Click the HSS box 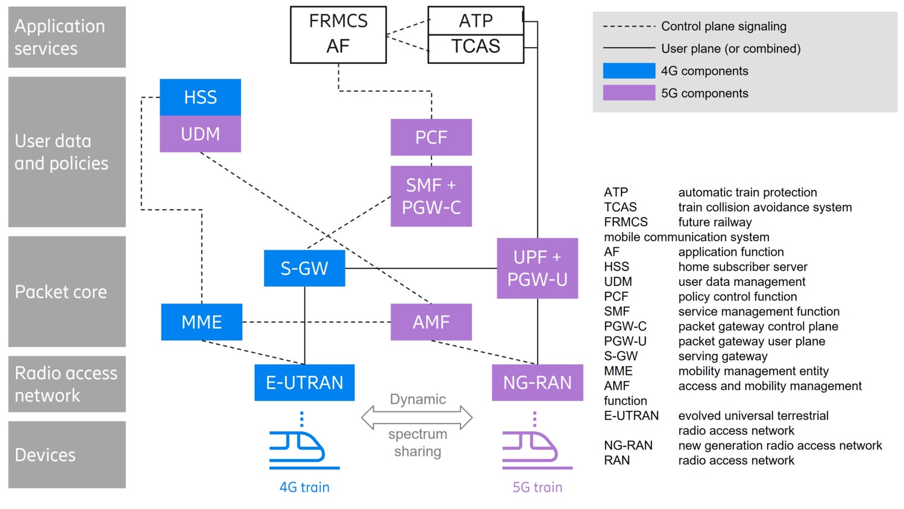click(x=200, y=97)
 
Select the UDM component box click(x=200, y=134)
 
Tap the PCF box click(x=431, y=138)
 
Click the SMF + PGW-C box click(x=431, y=196)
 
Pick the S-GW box click(x=304, y=268)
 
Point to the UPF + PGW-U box click(x=537, y=268)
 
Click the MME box click(x=202, y=322)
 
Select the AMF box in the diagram click(x=431, y=322)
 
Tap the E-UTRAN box click(x=304, y=382)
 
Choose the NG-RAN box click(x=537, y=382)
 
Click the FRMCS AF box click(x=338, y=34)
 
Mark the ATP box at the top click(x=476, y=21)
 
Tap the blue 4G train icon click(x=301, y=449)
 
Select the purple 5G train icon click(x=535, y=449)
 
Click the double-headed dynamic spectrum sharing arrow click(x=417, y=417)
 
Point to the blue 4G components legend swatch click(x=629, y=71)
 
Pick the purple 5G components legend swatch click(x=629, y=93)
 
